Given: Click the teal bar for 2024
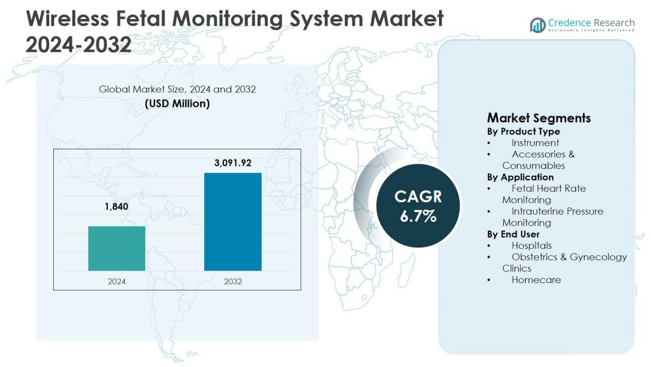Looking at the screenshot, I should tap(117, 248).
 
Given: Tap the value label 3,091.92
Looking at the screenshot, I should tap(232, 163).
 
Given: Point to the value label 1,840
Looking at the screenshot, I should tap(117, 207).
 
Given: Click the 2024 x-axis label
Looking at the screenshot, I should tap(117, 282).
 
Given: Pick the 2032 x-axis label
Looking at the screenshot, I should tap(232, 282).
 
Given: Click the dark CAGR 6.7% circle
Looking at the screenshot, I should tap(418, 206).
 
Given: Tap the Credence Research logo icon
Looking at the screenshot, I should tap(537, 25).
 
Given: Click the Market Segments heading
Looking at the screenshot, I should tap(538, 118).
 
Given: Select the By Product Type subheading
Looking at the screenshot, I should tap(523, 131).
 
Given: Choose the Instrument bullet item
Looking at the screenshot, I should tap(535, 143).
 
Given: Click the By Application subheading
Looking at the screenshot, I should tap(520, 177).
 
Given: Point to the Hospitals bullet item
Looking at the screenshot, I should tap(532, 246).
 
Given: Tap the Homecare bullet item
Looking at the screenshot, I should tap(536, 280).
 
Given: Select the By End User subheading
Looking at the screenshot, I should tap(513, 234).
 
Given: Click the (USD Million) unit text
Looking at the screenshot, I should tap(177, 104).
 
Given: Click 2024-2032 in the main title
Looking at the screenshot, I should tap(78, 45).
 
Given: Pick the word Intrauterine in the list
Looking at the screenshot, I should tap(538, 211).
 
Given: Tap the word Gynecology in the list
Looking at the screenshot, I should tap(598, 257).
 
